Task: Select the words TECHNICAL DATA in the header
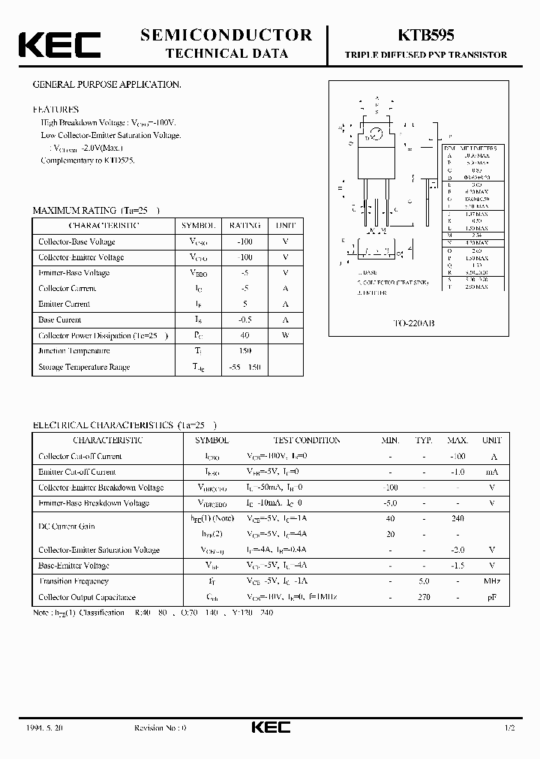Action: click(226, 54)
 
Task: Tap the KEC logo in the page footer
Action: click(270, 727)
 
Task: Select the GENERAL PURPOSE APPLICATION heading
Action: click(107, 85)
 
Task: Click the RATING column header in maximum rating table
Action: click(244, 225)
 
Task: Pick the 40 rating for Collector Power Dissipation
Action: click(244, 335)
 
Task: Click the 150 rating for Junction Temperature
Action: click(244, 351)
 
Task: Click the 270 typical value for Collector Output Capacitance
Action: click(424, 597)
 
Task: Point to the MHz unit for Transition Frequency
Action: click(492, 581)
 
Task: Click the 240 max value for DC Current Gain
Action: click(457, 518)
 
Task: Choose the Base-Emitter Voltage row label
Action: click(73, 565)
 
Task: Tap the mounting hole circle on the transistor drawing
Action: click(377, 136)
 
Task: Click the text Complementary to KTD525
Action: click(88, 160)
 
